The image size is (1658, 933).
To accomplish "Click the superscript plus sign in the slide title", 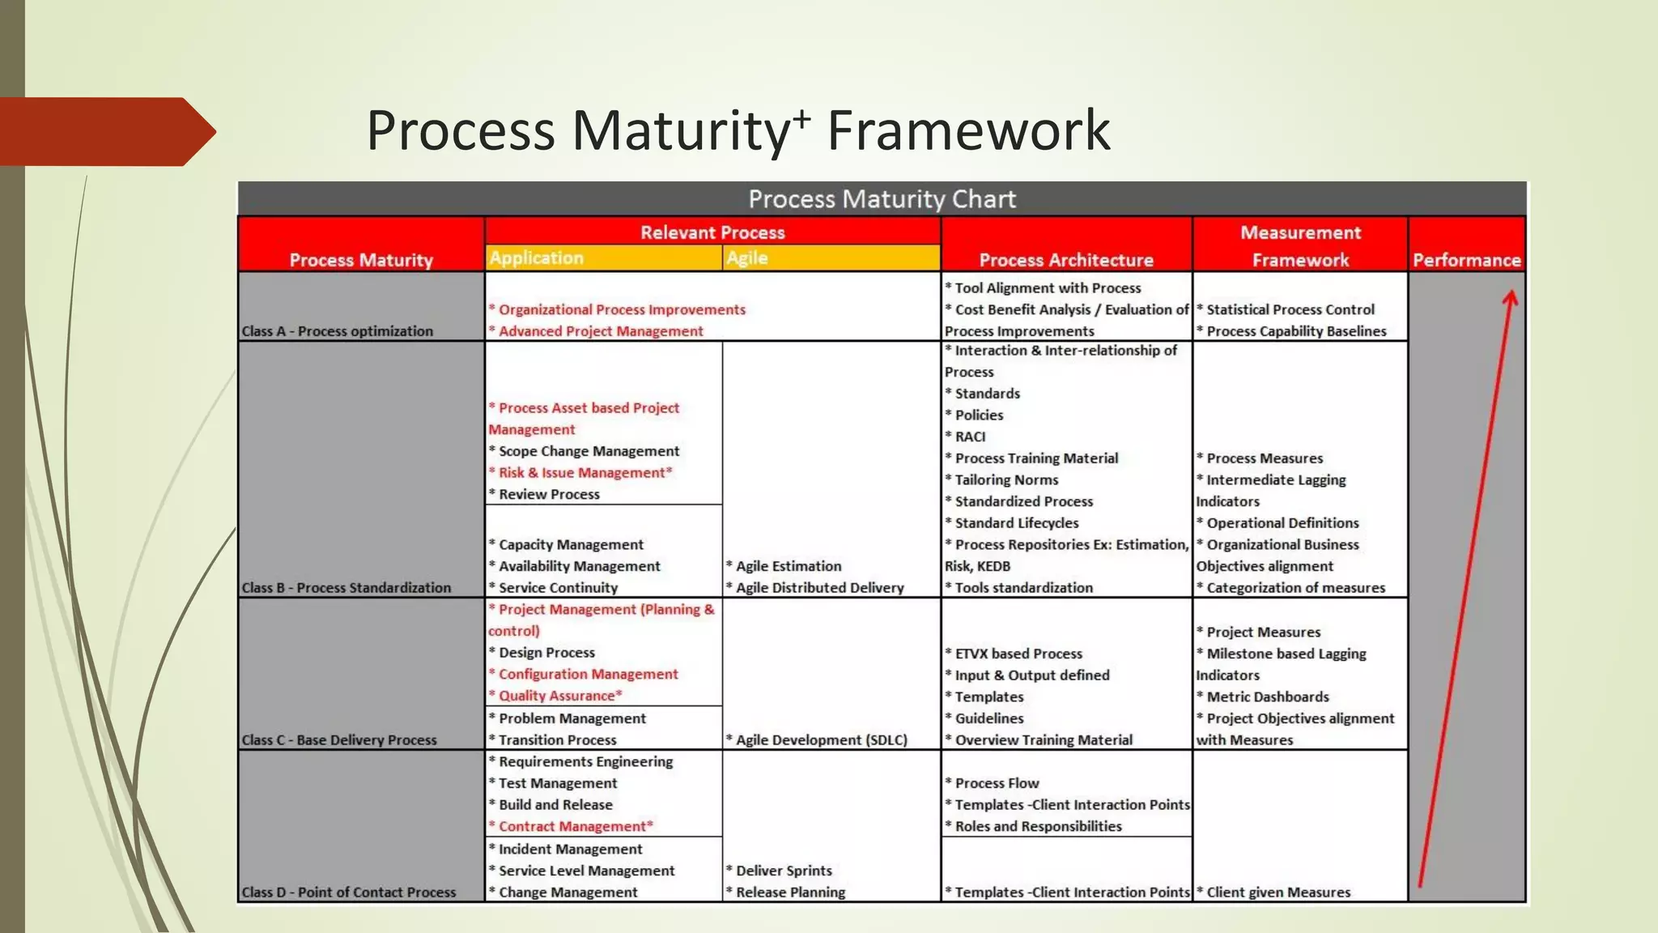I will pyautogui.click(x=801, y=119).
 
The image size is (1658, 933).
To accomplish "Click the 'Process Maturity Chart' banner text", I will pyautogui.click(x=882, y=199).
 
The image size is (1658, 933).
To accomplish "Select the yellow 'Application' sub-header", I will pyautogui.click(x=536, y=258).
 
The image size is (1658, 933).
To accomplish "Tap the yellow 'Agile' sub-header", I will pyautogui.click(x=746, y=258).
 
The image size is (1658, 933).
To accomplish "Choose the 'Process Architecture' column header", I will pyautogui.click(x=1065, y=260).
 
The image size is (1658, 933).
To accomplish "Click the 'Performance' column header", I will pyautogui.click(x=1466, y=260).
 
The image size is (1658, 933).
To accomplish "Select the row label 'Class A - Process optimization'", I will pyautogui.click(x=337, y=331).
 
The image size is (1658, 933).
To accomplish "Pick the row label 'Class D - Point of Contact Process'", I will pyautogui.click(x=349, y=893).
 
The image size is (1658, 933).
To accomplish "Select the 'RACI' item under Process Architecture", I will pyautogui.click(x=969, y=437).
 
